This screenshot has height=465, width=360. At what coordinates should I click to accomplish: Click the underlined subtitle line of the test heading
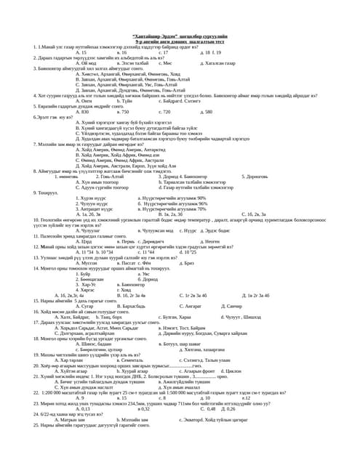coord(179,41)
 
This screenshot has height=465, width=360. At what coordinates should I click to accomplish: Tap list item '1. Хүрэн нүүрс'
coord(92,198)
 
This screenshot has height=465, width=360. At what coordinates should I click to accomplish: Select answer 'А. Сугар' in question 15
coord(84,306)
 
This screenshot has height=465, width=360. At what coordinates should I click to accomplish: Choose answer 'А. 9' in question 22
coord(80,397)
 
